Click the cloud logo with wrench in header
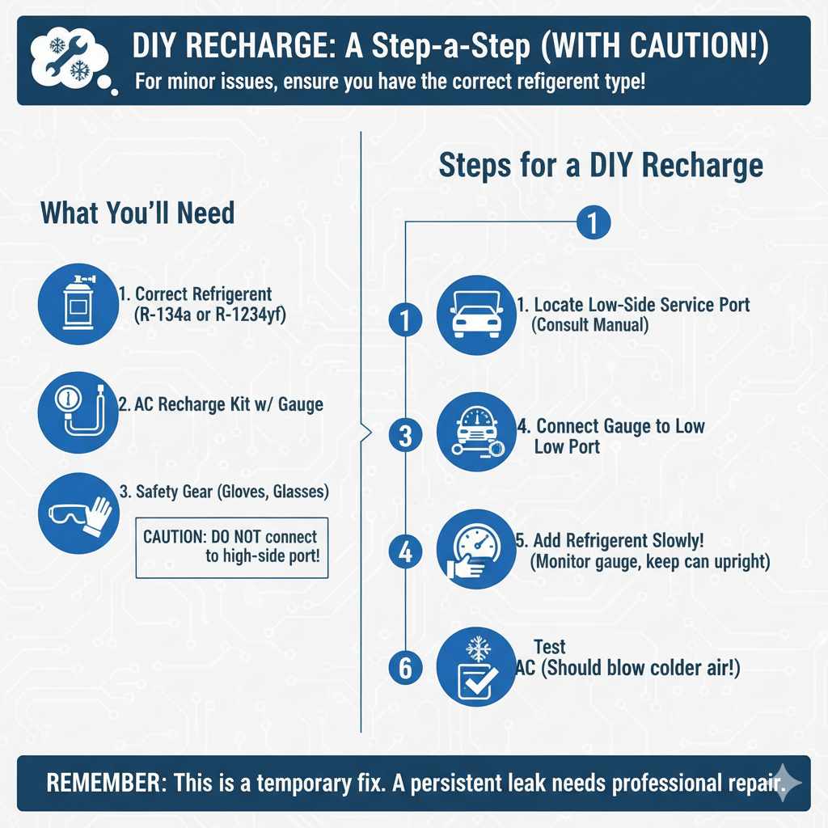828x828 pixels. tap(70, 61)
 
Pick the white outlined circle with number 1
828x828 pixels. tap(594, 223)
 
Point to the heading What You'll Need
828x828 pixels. tap(137, 213)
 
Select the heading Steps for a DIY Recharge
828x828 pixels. tap(601, 165)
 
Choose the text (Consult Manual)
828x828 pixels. tap(589, 325)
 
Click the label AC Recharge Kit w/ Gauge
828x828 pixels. tap(221, 404)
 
